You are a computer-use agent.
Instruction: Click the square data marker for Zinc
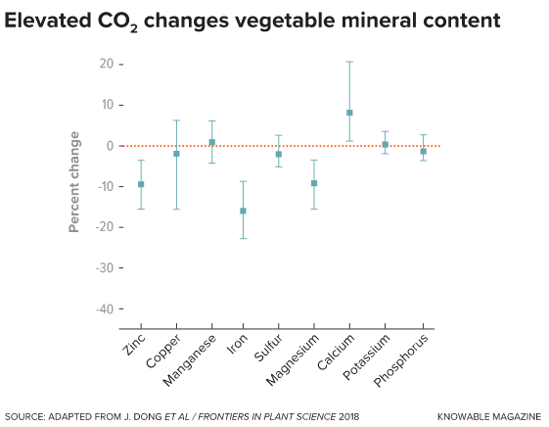click(141, 184)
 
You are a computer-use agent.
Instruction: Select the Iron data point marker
click(243, 211)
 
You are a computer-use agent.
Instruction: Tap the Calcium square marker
click(349, 113)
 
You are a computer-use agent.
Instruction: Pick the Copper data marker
click(176, 154)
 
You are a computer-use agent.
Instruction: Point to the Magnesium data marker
click(314, 183)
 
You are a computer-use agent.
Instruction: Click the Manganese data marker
click(211, 142)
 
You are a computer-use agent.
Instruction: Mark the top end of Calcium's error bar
click(349, 62)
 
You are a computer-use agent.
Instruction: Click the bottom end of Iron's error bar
click(243, 238)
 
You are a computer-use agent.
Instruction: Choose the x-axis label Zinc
click(134, 344)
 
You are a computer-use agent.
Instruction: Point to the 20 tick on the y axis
click(106, 64)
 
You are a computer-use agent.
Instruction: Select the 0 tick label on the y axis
click(109, 146)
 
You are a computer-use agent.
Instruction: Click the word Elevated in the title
click(44, 20)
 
